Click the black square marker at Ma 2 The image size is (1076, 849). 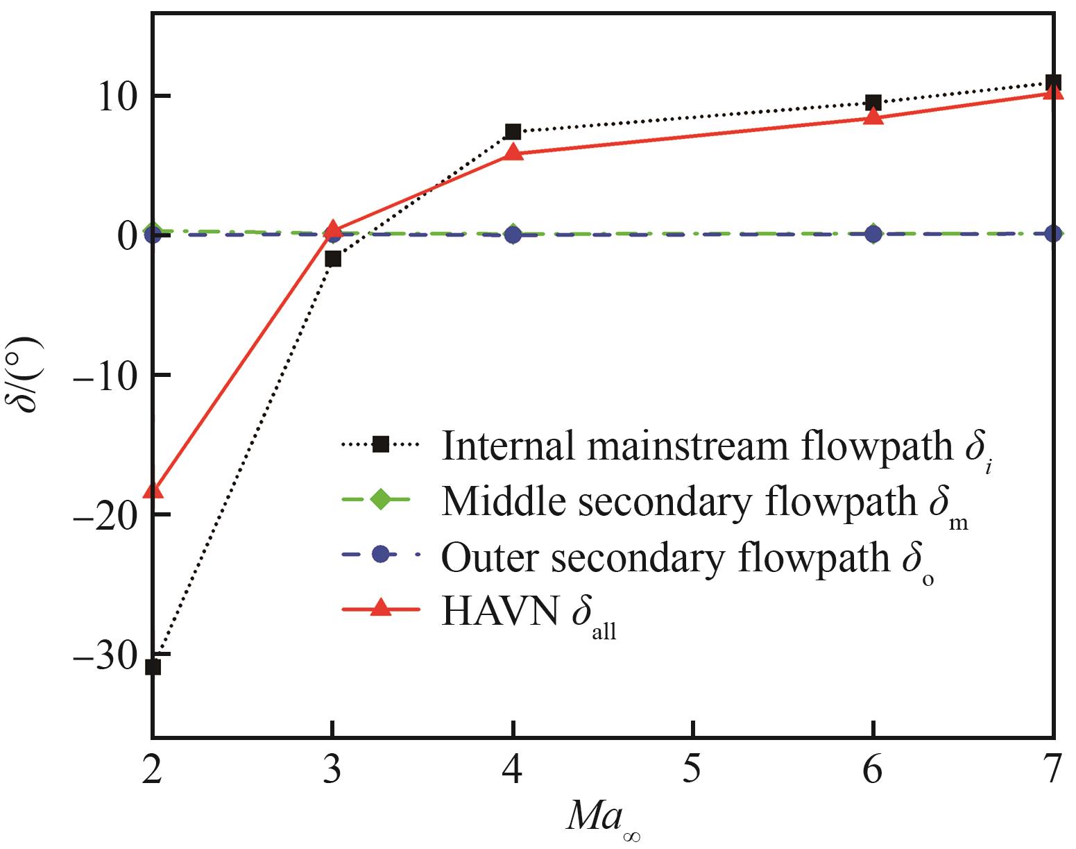[153, 666]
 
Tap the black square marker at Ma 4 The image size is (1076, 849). [513, 132]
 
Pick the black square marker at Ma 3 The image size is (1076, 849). [333, 259]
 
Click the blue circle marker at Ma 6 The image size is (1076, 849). [874, 235]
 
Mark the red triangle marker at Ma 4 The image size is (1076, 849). [513, 153]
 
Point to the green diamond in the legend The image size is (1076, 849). [380, 500]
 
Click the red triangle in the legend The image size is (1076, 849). [380, 610]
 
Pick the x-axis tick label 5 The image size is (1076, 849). [693, 770]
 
